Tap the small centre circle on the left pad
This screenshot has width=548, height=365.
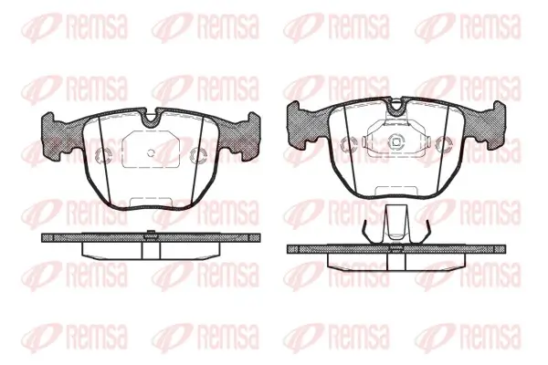(x=151, y=152)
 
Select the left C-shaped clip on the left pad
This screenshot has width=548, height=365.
(x=103, y=155)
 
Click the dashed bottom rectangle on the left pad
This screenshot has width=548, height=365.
(x=151, y=203)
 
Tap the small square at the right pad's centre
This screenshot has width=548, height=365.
(x=396, y=141)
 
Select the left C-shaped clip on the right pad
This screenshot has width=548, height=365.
(x=349, y=144)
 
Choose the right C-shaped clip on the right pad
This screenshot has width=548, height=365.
(x=444, y=144)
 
